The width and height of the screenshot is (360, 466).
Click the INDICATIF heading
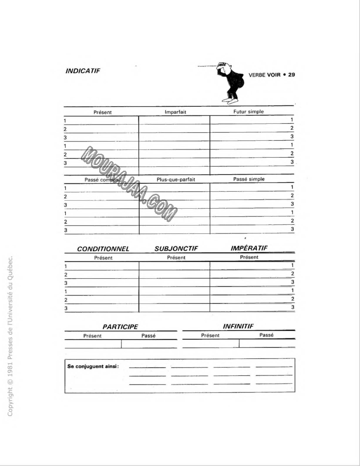tap(83, 70)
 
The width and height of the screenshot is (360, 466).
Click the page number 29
tap(291, 74)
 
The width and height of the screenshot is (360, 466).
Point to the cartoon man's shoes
tap(229, 100)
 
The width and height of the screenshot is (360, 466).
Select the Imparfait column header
tap(175, 112)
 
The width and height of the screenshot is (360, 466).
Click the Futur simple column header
tap(249, 111)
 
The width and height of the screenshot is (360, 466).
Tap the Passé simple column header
tap(249, 179)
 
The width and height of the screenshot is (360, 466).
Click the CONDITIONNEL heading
tap(103, 249)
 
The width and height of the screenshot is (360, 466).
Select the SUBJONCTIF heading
tap(176, 249)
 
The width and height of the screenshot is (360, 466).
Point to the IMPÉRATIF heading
tap(249, 248)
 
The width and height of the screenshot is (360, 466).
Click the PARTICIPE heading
tap(120, 326)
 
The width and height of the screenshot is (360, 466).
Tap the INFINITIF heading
tap(238, 326)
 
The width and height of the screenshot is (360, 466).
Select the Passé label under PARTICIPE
tap(148, 335)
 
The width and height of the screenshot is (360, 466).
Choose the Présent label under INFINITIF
tap(210, 335)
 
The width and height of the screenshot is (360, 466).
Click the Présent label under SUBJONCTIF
tap(176, 257)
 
